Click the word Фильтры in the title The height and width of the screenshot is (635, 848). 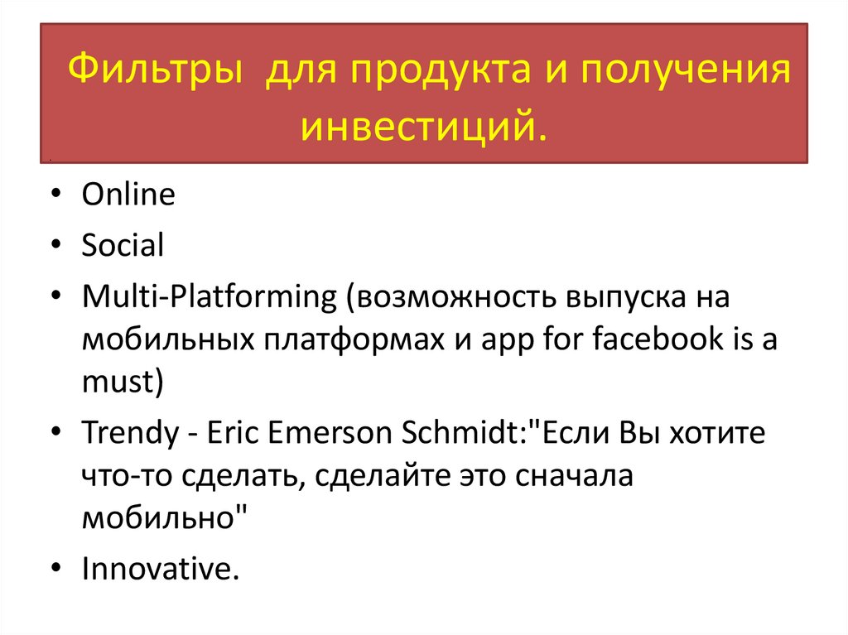point(154,72)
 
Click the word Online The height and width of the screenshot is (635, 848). point(128,195)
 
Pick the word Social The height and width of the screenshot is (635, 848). point(123,245)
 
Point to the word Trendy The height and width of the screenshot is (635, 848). point(128,433)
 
